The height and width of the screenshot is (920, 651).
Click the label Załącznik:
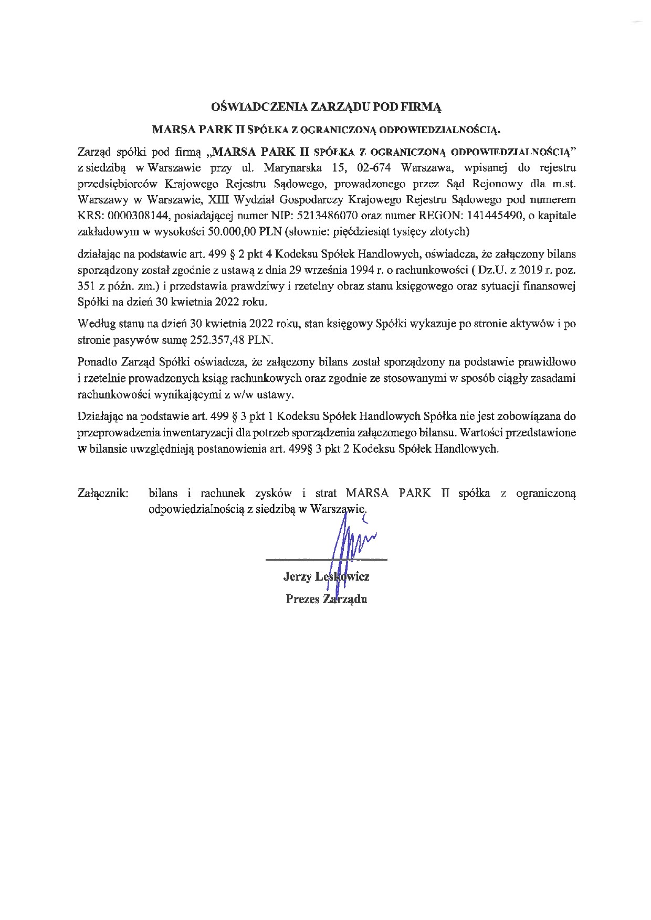click(x=103, y=494)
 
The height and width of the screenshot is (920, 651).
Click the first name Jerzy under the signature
click(x=297, y=577)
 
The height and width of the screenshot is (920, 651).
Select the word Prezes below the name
click(x=302, y=599)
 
